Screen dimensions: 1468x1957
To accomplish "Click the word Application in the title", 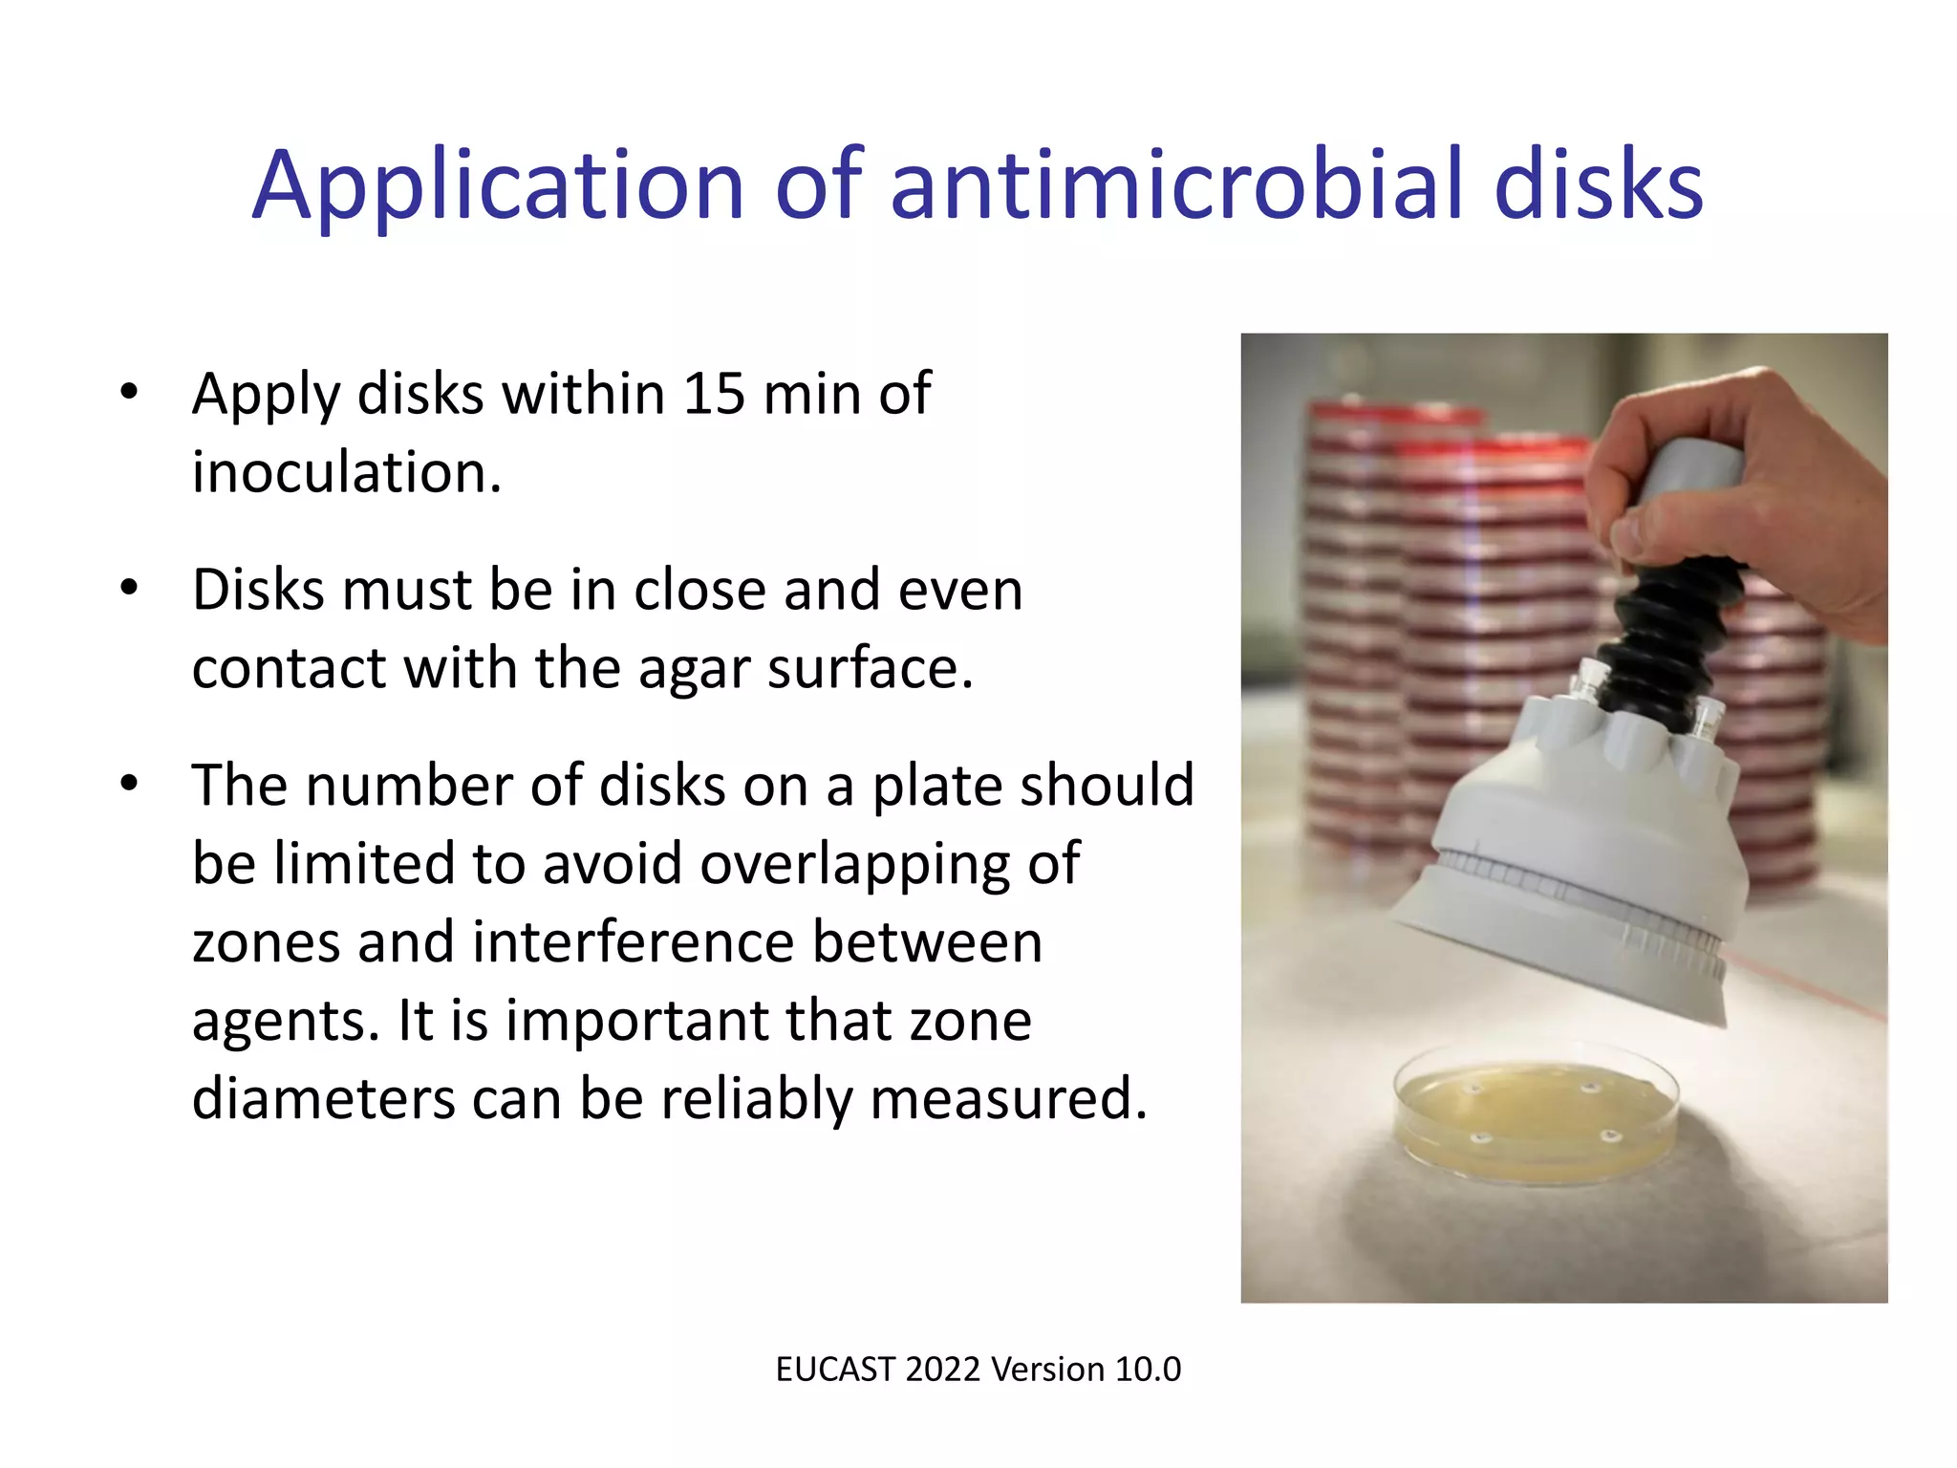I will pyautogui.click(x=497, y=186).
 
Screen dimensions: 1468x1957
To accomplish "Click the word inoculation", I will pyautogui.click(x=346, y=472).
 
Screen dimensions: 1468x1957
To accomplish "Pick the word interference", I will pyautogui.click(x=633, y=942).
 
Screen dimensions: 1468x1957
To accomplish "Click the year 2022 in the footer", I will pyautogui.click(x=943, y=1370).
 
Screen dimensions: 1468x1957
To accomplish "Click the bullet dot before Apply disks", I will pyautogui.click(x=130, y=392).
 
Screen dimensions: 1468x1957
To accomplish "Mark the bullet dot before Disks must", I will pyautogui.click(x=130, y=588).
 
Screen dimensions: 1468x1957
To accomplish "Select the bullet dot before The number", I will pyautogui.click(x=130, y=784).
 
